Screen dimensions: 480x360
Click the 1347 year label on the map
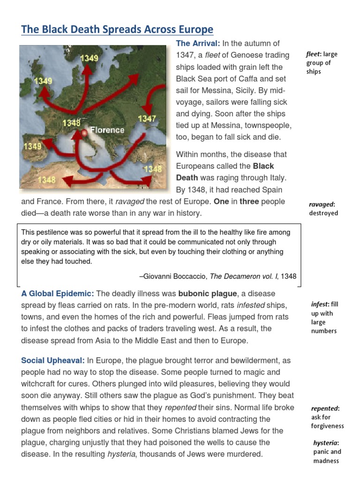tap(147, 119)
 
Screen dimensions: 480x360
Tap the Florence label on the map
tap(107, 130)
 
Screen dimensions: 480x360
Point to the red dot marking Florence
tap(84, 133)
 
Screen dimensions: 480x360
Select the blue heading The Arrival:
tap(197, 44)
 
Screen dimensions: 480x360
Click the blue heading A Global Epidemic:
tap(58, 293)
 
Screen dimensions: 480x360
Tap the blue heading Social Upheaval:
tap(53, 360)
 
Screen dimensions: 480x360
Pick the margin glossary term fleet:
tap(314, 54)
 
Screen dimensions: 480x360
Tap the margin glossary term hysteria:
tap(326, 443)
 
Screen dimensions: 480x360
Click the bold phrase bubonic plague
tap(208, 293)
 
